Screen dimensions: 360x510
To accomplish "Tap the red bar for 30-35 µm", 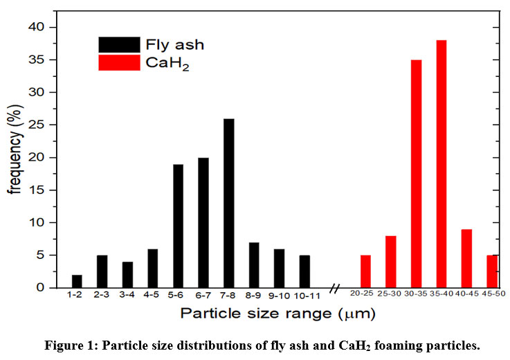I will pyautogui.click(x=417, y=173).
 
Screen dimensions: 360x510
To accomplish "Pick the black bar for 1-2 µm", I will pyautogui.click(x=77, y=280).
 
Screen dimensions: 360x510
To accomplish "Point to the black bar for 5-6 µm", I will pyautogui.click(x=178, y=226).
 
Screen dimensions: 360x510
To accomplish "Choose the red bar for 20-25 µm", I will pyautogui.click(x=365, y=271).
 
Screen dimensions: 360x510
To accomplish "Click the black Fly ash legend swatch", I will pyautogui.click(x=120, y=45).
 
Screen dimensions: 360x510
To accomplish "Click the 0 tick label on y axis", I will pyautogui.click(x=44, y=287).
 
